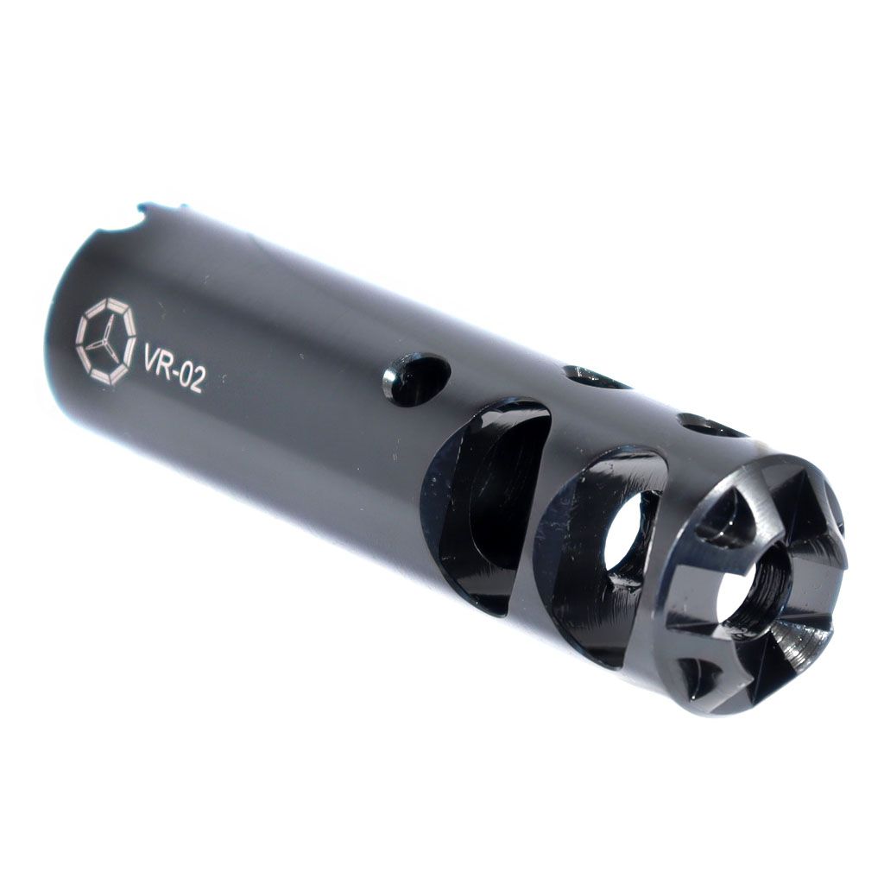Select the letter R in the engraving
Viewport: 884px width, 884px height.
(x=168, y=367)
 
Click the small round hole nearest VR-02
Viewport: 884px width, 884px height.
(x=417, y=382)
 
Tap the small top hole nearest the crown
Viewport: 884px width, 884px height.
(x=713, y=426)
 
